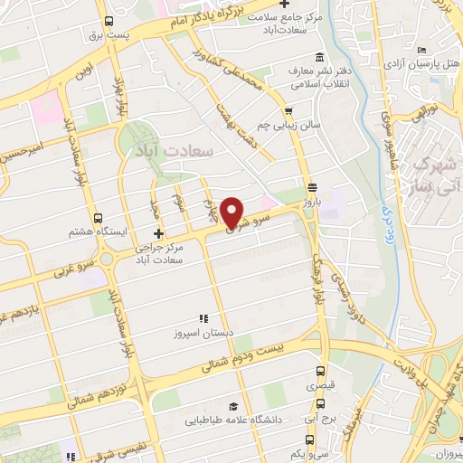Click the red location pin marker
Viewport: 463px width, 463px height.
[232, 213]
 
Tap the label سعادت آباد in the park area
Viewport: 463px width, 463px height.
[173, 149]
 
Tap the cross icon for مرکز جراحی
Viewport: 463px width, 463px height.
[159, 233]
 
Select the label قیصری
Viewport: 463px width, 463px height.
[322, 386]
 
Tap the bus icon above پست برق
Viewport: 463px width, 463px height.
[109, 21]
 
